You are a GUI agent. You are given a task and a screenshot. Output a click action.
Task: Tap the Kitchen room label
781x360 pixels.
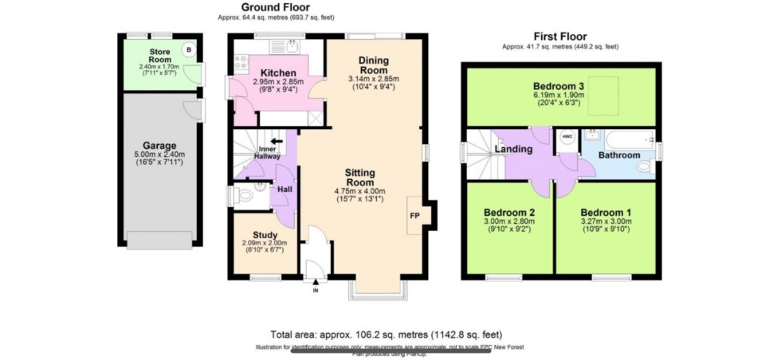[x=257, y=72]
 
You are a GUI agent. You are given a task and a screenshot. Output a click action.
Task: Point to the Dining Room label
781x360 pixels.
[x=374, y=65]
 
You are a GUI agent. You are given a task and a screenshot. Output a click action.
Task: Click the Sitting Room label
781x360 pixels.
[x=366, y=177]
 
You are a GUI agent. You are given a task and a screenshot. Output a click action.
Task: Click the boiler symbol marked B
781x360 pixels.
[x=188, y=49]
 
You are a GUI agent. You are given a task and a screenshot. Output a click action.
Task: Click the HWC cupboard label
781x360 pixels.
[x=567, y=137]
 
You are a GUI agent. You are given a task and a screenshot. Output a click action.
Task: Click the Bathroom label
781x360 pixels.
[x=619, y=155]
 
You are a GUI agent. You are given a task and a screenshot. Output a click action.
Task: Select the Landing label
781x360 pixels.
[x=514, y=149]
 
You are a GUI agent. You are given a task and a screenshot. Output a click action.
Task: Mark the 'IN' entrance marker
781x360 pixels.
[x=316, y=291]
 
